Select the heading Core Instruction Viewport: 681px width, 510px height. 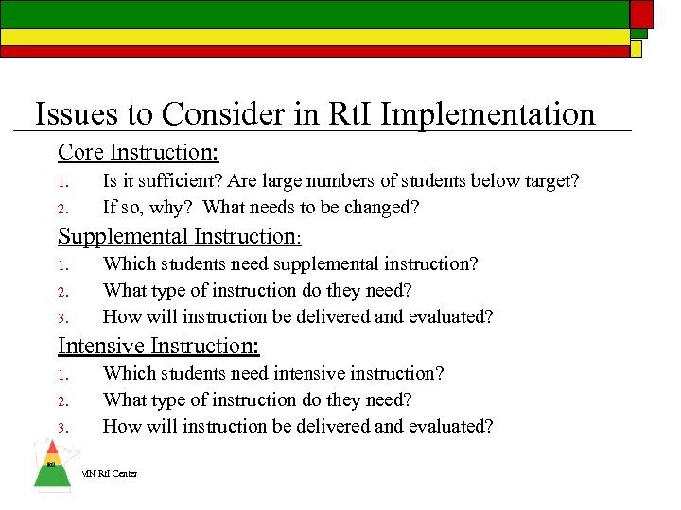[138, 152]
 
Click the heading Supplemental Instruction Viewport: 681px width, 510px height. [179, 236]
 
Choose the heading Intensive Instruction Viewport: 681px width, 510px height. [159, 346]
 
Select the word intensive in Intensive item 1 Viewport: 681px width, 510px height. [320, 373]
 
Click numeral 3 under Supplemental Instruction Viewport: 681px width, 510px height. [60, 318]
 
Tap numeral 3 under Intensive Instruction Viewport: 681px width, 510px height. [60, 428]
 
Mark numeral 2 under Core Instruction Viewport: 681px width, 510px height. [60, 208]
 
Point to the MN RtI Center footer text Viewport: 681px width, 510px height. [110, 473]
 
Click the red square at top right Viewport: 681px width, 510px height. [642, 13]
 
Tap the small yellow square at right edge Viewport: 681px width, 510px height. [637, 47]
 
